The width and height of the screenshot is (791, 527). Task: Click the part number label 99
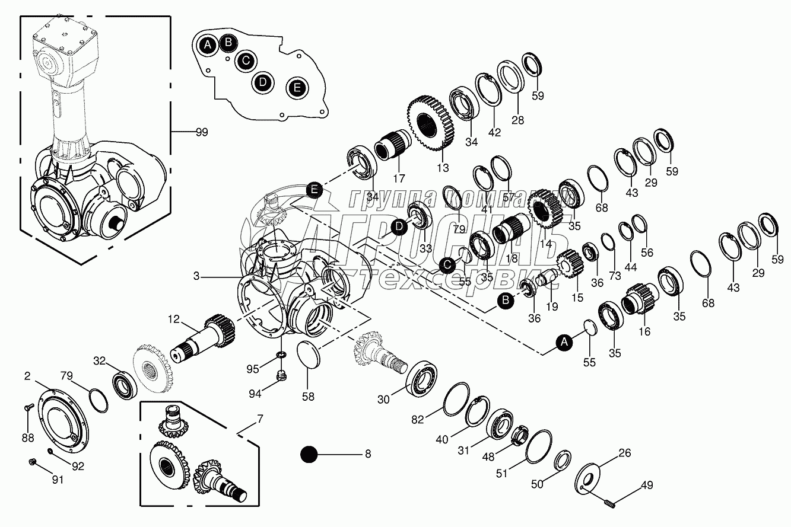point(202,132)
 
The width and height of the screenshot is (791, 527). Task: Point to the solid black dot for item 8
point(309,455)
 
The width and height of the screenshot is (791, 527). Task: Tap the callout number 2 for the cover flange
point(27,375)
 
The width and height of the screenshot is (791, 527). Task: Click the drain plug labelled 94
point(282,376)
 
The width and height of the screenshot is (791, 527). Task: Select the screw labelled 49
point(609,503)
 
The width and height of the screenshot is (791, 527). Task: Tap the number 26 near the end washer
point(624,453)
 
